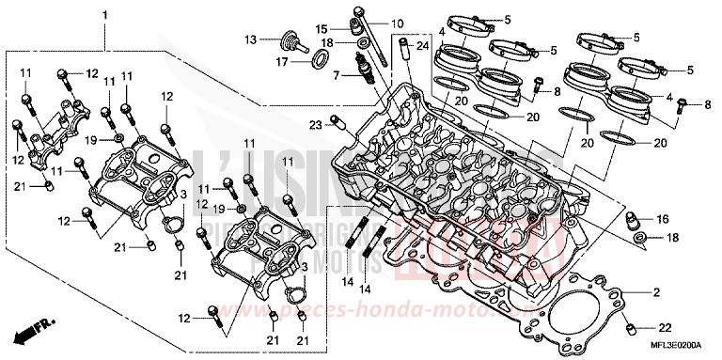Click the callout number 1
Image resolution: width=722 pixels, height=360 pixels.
(104, 15)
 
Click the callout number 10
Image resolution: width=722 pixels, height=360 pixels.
(396, 23)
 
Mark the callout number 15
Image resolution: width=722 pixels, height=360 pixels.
(322, 28)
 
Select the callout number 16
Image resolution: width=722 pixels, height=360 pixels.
(663, 219)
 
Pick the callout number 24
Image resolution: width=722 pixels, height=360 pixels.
(422, 46)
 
